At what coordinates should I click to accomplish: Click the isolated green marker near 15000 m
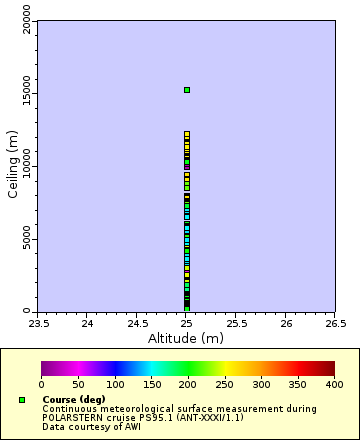(x=186, y=90)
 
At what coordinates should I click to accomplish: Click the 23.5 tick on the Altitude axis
(x=38, y=323)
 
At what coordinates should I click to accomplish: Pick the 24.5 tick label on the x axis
(x=137, y=323)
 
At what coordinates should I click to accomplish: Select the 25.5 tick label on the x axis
(x=236, y=323)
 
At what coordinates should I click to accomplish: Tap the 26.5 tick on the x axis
(x=335, y=323)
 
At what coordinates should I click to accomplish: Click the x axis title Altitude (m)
(x=186, y=338)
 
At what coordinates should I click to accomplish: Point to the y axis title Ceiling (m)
(x=12, y=166)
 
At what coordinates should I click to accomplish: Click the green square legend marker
(x=22, y=400)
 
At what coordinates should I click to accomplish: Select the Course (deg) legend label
(x=73, y=400)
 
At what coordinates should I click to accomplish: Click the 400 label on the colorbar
(x=334, y=384)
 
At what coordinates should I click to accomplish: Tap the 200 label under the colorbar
(x=187, y=384)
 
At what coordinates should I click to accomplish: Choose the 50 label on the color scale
(x=78, y=384)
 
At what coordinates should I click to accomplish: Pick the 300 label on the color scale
(x=260, y=384)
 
